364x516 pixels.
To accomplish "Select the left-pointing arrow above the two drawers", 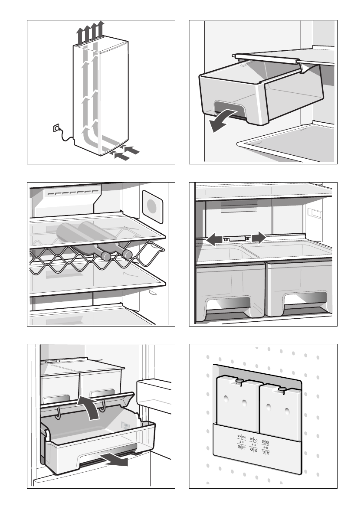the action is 214,238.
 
